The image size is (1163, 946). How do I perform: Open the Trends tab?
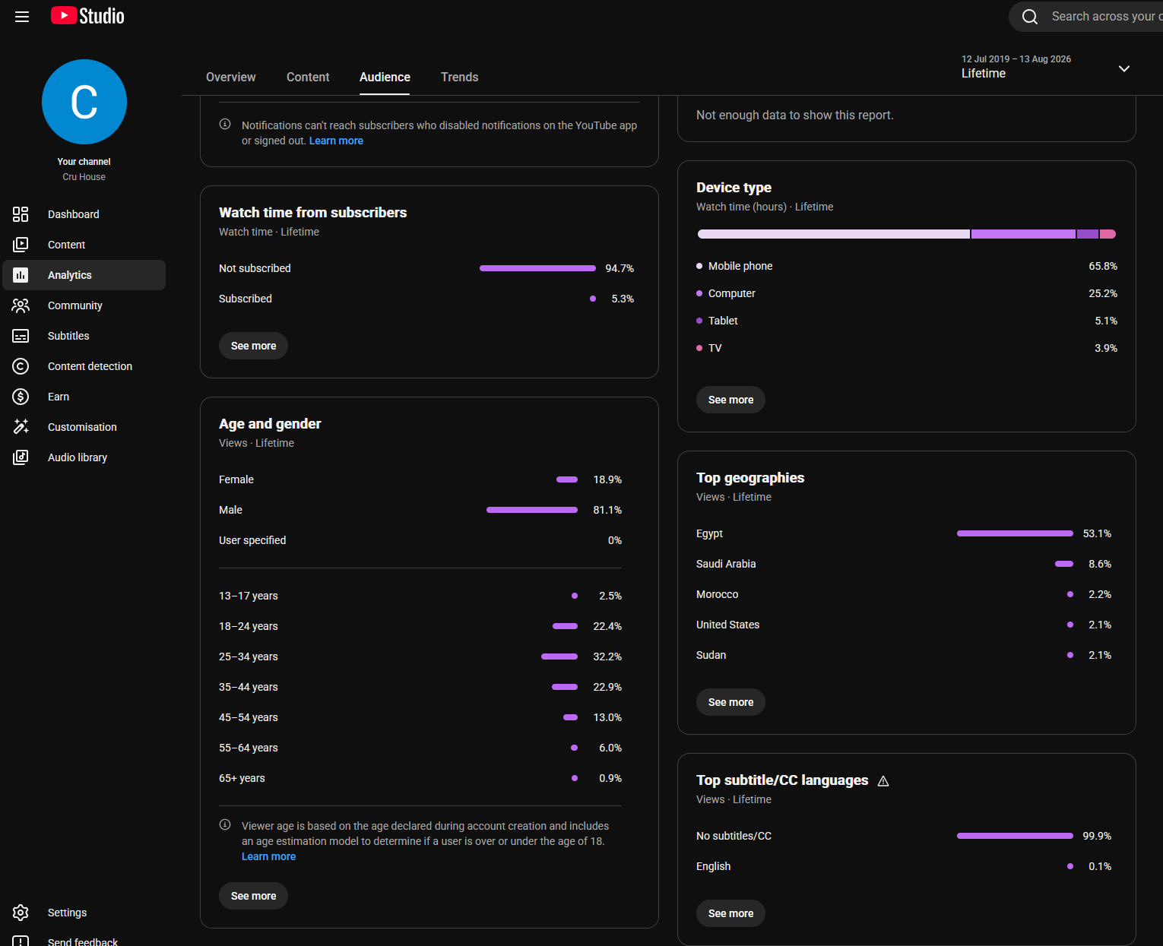point(459,77)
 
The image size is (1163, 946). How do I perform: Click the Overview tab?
point(230,77)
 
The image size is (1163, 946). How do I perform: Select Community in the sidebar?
point(74,305)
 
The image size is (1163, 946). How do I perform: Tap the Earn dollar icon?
point(21,397)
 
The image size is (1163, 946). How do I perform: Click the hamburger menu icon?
point(22,17)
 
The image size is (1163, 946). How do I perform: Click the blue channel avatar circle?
point(84,102)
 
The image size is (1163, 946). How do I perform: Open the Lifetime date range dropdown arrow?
point(1123,69)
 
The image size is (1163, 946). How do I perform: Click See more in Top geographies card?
point(730,702)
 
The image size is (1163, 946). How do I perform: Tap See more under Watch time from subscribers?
point(253,346)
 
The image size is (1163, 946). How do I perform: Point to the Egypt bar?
point(1015,533)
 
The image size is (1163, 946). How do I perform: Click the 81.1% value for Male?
point(607,510)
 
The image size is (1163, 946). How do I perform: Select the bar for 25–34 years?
point(559,657)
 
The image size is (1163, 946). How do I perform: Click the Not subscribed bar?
point(537,268)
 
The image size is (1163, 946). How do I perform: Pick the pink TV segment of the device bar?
point(1108,234)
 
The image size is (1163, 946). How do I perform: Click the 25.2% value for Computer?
point(1102,293)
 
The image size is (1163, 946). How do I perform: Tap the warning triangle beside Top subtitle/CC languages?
point(883,781)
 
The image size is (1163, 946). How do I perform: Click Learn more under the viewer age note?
point(268,856)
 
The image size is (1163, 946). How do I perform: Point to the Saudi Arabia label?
point(726,564)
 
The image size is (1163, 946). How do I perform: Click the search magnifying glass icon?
point(1029,17)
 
